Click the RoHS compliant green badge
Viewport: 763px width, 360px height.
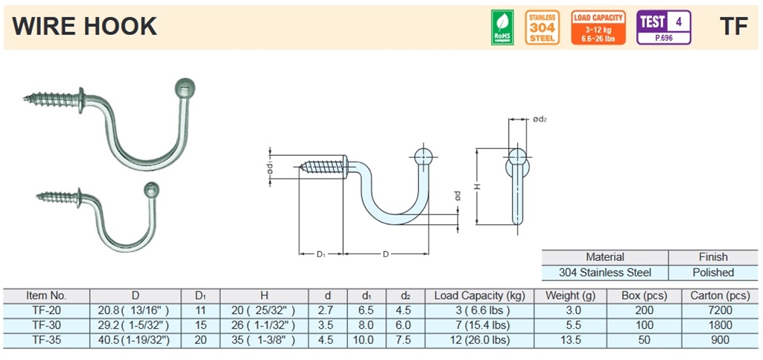coord(502,27)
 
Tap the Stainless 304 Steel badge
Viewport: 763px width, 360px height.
coord(542,27)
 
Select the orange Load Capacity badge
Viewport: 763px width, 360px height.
coord(598,27)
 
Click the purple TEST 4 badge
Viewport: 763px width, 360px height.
coord(663,27)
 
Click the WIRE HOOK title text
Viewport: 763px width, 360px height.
coord(85,27)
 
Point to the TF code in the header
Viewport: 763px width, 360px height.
coord(733,27)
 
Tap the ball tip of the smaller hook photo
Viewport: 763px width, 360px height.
coord(151,189)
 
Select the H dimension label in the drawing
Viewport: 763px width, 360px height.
coord(475,187)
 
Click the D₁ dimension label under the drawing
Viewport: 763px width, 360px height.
coord(320,255)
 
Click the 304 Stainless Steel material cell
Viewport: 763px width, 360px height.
coord(605,273)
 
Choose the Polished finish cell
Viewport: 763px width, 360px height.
coord(713,273)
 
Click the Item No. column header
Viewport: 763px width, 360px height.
coord(46,296)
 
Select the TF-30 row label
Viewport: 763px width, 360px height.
coord(46,325)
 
